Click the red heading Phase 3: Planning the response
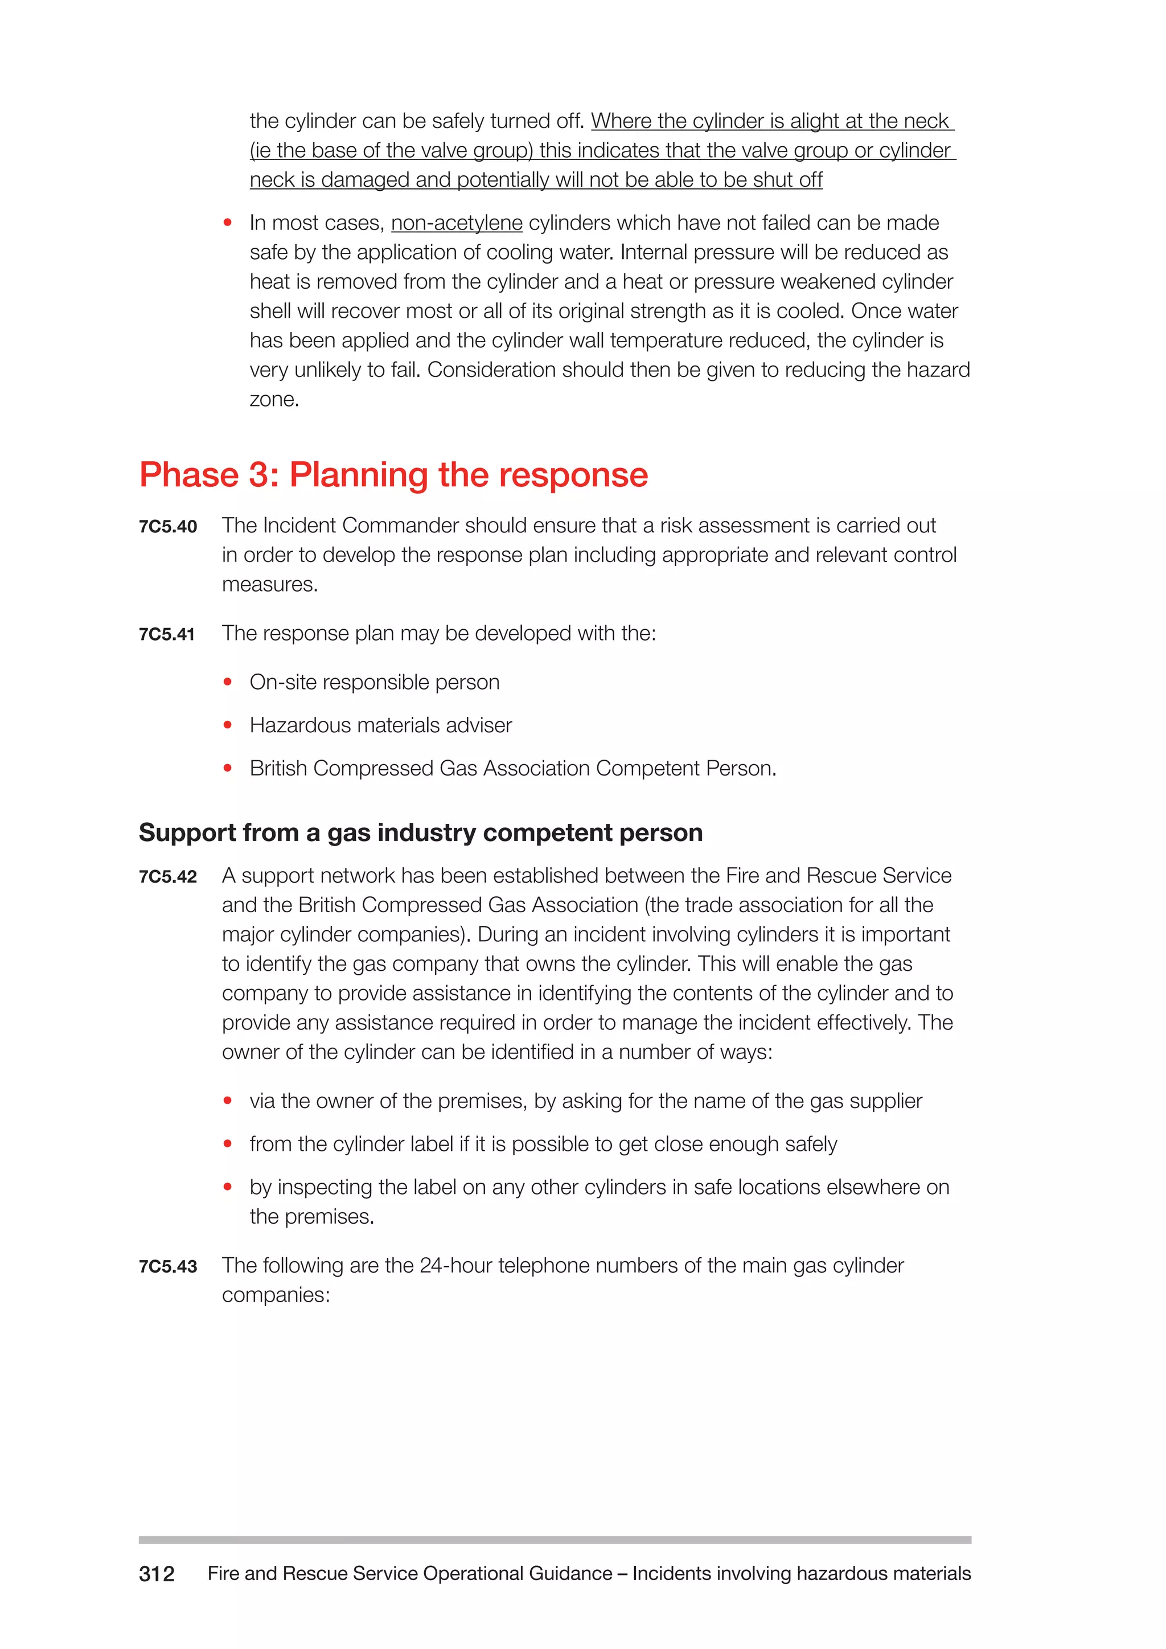click(393, 475)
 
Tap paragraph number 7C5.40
click(167, 527)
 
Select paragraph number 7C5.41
click(167, 634)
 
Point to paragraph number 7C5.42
click(167, 877)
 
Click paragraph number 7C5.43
click(167, 1266)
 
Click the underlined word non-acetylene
click(457, 223)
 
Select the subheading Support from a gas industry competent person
click(420, 832)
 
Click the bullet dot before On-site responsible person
click(228, 682)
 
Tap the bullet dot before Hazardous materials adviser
click(228, 725)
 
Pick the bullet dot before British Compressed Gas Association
click(228, 769)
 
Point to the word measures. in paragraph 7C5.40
click(269, 585)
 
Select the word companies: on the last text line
click(276, 1295)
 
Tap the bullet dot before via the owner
click(228, 1101)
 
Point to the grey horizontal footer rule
click(555, 1540)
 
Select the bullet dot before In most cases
click(228, 223)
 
